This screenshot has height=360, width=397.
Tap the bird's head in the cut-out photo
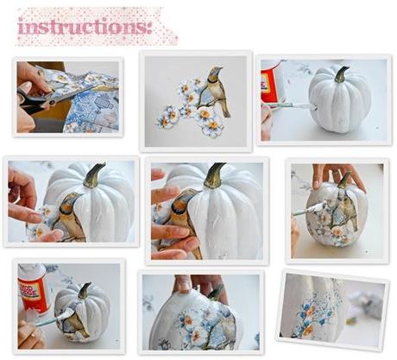point(214,74)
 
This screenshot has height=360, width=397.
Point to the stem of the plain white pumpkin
point(340,75)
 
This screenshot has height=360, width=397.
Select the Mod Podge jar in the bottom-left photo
point(32,288)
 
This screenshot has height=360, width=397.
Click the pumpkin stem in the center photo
point(214,175)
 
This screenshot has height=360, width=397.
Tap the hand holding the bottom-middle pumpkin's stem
point(198,285)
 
